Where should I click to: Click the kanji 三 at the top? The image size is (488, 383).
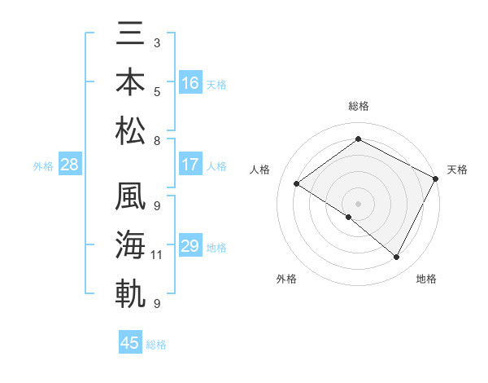[132, 37]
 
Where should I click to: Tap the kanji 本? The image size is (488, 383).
[132, 82]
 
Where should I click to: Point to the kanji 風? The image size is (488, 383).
[132, 200]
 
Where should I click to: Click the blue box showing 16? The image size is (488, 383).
[190, 83]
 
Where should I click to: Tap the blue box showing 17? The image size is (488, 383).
[190, 165]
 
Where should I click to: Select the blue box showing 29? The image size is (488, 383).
[190, 246]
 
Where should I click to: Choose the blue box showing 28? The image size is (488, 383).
[70, 165]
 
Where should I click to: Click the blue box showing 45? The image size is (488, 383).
[130, 343]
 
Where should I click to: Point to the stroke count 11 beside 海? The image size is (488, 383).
[157, 255]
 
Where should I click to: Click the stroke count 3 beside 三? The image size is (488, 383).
[156, 42]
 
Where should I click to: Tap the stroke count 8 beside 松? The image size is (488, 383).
[156, 141]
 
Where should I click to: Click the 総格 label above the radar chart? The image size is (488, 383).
[358, 106]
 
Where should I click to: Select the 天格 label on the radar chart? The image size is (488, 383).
[457, 169]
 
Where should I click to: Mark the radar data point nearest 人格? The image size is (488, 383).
[297, 183]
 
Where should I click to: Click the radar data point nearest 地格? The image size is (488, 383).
[397, 258]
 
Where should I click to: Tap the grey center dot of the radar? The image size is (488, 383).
[358, 203]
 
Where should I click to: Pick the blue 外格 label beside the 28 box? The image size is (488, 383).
[43, 166]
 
